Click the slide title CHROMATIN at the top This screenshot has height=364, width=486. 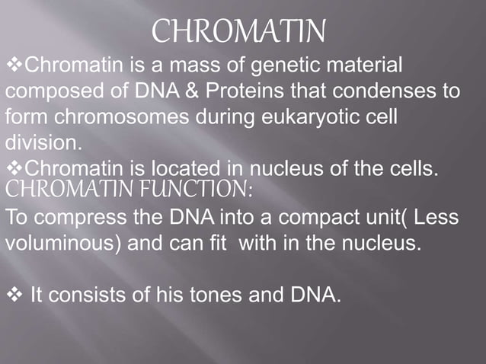(239, 32)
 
